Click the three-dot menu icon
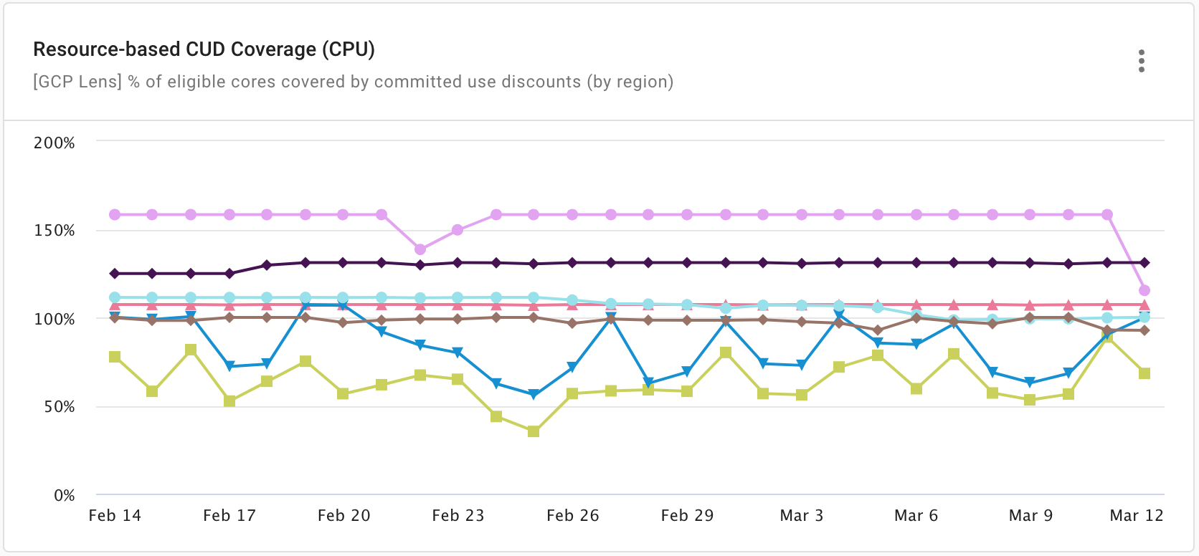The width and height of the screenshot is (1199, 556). [1141, 61]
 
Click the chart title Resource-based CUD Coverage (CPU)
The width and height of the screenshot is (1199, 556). [204, 49]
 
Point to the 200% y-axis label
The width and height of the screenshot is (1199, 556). [54, 143]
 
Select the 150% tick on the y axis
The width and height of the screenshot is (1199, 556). [54, 231]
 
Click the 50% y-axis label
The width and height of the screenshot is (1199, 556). [59, 407]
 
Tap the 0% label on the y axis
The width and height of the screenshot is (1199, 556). [64, 495]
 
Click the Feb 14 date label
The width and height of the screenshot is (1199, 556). [115, 515]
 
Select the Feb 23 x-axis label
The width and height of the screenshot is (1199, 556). [458, 515]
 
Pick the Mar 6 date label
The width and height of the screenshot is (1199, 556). [916, 515]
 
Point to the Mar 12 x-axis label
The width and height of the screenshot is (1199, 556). [1136, 515]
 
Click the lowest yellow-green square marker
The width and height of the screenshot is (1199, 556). [534, 431]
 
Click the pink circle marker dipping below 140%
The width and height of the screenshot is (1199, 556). [420, 249]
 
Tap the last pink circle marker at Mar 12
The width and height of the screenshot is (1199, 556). [1144, 290]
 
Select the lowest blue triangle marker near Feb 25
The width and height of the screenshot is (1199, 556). [534, 395]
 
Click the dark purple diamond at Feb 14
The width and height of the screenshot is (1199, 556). [115, 274]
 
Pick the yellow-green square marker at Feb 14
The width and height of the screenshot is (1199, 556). [115, 357]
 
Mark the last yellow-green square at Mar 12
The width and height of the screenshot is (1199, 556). [1144, 373]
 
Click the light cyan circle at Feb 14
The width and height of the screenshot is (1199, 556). [115, 297]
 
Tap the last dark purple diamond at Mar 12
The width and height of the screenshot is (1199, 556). [1144, 263]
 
